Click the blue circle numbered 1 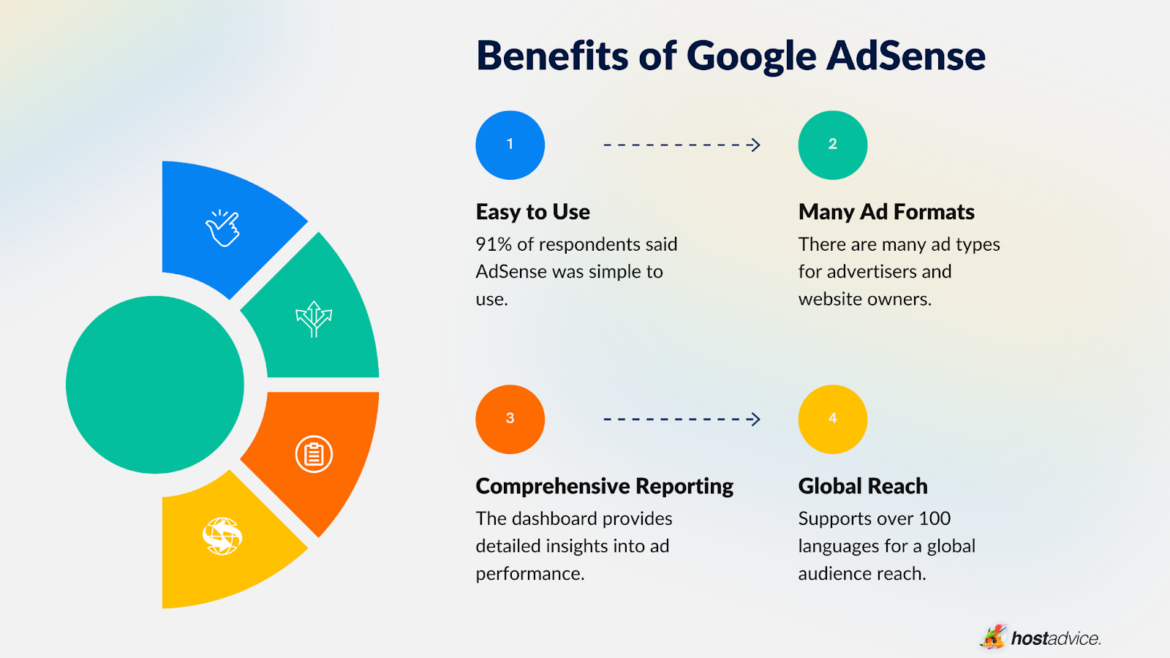pos(510,145)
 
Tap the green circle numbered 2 pos(832,145)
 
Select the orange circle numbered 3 pos(510,419)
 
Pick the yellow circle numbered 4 pos(832,419)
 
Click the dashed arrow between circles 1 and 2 pos(682,145)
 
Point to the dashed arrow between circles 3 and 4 pos(682,419)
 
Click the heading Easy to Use pos(532,212)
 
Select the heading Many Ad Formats pos(886,212)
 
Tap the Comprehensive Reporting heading pos(604,486)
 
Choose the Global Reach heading pos(863,486)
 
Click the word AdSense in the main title pos(906,56)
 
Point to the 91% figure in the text pos(494,244)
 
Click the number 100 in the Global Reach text pos(935,518)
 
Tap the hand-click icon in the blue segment pos(222,228)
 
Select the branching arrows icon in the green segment pos(314,319)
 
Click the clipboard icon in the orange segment pos(314,454)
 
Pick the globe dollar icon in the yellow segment pos(222,536)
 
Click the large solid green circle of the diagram pos(155,385)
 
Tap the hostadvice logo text pos(1055,638)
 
